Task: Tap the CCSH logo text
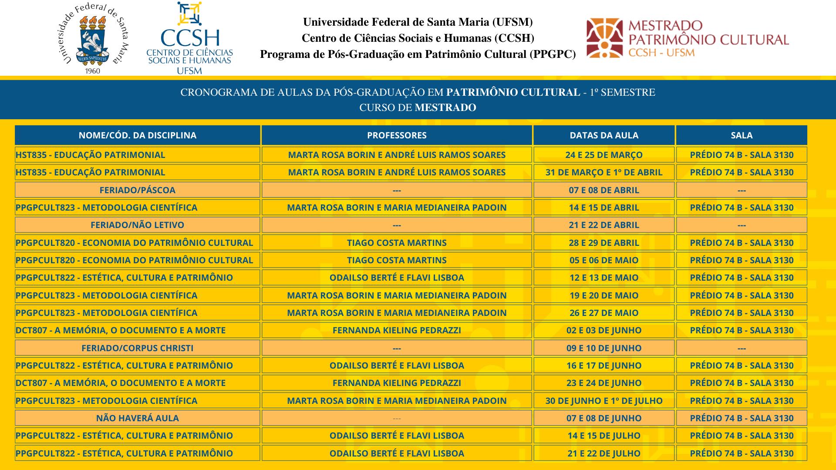point(189,38)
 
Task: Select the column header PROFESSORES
point(397,135)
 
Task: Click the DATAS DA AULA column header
point(604,135)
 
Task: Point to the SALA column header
point(742,135)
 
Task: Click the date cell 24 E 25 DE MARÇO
point(604,155)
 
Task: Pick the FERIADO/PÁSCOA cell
point(137,190)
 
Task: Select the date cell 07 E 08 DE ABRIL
point(604,190)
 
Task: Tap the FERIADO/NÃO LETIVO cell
point(137,225)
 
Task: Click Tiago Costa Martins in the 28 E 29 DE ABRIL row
point(397,243)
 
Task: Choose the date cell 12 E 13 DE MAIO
point(604,278)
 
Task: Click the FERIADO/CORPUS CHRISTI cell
point(137,348)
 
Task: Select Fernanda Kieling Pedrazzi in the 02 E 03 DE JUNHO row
point(397,330)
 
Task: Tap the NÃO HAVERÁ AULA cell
point(137,418)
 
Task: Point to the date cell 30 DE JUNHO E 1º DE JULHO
point(604,401)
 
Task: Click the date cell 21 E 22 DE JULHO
point(604,453)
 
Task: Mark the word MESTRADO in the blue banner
point(445,107)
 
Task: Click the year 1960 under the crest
point(92,71)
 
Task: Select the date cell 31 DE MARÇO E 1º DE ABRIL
point(604,172)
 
